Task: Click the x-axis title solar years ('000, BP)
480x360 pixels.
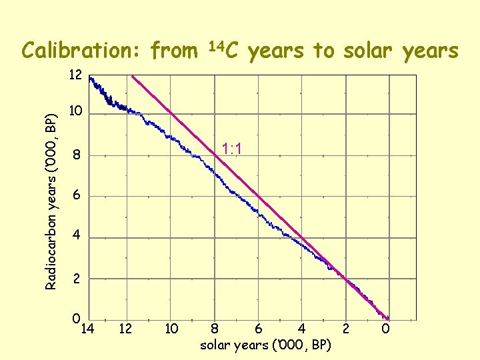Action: tap(265, 345)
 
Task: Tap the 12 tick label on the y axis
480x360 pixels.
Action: tap(75, 75)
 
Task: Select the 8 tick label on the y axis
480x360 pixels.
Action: tap(77, 157)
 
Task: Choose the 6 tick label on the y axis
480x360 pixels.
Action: tap(77, 196)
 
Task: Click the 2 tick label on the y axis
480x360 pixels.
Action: tap(77, 279)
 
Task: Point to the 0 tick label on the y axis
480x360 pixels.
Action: tap(77, 319)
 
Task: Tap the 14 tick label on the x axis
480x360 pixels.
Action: tap(87, 328)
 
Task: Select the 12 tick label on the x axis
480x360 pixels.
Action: tap(125, 328)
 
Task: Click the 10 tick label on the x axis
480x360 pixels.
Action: tap(171, 328)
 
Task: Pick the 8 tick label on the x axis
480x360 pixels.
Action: tap(215, 328)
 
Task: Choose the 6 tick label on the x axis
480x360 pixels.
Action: tap(258, 328)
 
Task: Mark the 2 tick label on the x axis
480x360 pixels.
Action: tap(345, 328)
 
